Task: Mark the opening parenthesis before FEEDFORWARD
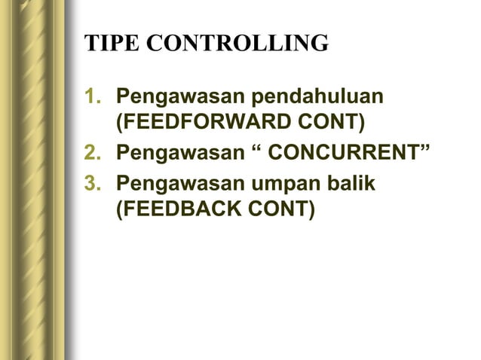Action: pos(119,123)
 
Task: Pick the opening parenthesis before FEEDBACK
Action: pos(119,208)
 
